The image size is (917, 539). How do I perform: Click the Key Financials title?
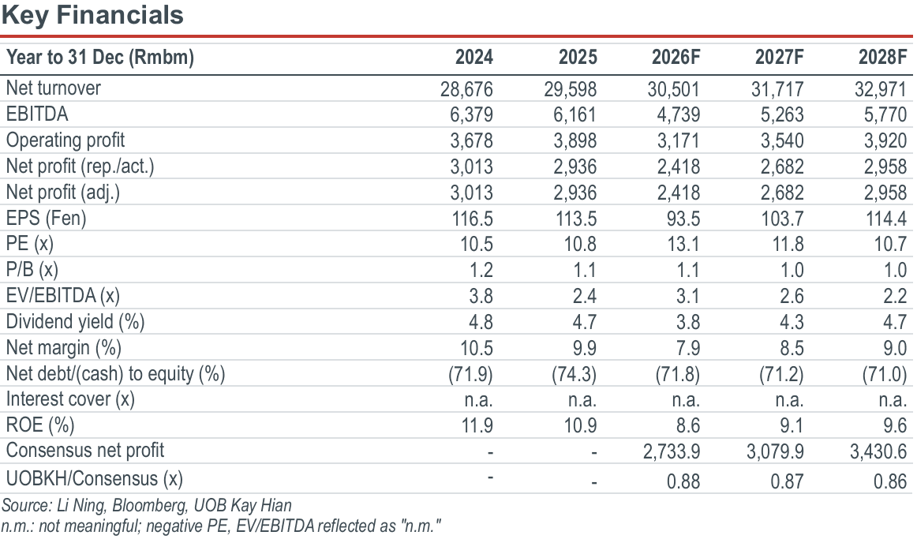tap(92, 15)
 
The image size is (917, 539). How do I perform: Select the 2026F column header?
tap(676, 58)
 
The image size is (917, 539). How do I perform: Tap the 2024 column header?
tap(474, 58)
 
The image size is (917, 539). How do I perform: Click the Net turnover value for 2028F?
tap(880, 89)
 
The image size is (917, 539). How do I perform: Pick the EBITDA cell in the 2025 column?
tap(575, 114)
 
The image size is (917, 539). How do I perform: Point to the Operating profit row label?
tap(65, 140)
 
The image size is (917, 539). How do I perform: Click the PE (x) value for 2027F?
tap(788, 245)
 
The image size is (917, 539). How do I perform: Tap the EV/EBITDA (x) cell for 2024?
tap(481, 296)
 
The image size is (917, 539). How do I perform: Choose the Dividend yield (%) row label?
tap(76, 321)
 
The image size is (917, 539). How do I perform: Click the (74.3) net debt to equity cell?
tap(575, 374)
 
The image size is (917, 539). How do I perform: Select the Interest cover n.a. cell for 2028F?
tap(892, 400)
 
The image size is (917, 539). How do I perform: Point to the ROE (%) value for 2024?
tap(477, 425)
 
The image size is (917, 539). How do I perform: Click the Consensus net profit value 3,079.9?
tap(775, 452)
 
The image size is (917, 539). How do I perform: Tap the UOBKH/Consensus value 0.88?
tap(683, 481)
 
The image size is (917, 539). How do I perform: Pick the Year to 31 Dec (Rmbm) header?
tap(100, 58)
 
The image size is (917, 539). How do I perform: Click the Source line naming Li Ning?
tap(146, 505)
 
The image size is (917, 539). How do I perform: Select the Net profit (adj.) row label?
tap(63, 193)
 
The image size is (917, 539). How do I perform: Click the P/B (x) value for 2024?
tap(481, 270)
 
